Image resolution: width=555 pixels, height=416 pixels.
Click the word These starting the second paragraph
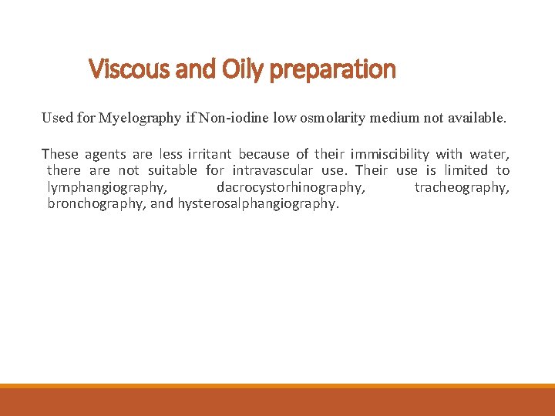(60, 154)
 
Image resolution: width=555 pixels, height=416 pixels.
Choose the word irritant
(210, 154)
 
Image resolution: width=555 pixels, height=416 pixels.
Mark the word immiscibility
(388, 154)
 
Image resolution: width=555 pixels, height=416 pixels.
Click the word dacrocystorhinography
(291, 188)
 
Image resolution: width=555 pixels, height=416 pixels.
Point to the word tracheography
(462, 188)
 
